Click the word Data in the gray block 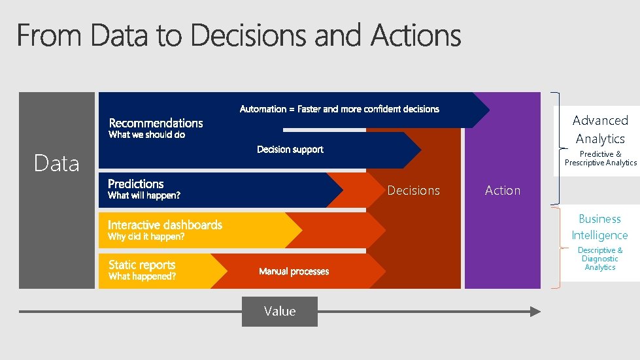point(57,163)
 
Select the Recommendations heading point(156,123)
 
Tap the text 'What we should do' point(146,135)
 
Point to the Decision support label point(290,150)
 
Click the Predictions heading point(136,184)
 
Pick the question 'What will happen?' point(144,195)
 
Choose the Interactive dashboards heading point(165,225)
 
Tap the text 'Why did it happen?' point(146,237)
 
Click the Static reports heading point(142,265)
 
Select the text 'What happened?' point(142,276)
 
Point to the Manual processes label point(294,272)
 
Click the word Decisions point(414,190)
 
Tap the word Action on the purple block point(503,190)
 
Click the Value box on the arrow point(280,312)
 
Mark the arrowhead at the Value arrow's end point(535,312)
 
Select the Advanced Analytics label point(600,129)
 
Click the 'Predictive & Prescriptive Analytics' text point(600,159)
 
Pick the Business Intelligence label point(599,227)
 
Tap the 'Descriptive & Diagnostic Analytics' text point(600,259)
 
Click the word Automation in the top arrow point(263,109)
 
